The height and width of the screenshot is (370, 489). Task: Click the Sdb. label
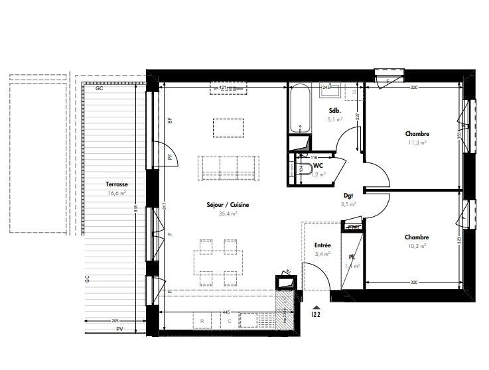(334, 111)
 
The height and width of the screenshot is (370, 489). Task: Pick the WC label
(318, 165)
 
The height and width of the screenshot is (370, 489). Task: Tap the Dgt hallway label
(348, 196)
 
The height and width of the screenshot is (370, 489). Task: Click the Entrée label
(322, 245)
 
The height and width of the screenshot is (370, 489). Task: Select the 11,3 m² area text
(417, 142)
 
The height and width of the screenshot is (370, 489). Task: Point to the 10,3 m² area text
(417, 245)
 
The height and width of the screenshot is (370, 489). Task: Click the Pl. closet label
(352, 257)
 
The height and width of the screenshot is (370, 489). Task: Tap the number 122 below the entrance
(316, 316)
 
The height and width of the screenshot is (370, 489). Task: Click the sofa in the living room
(228, 166)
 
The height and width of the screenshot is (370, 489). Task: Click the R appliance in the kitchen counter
(201, 321)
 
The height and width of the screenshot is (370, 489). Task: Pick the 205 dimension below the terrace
(114, 321)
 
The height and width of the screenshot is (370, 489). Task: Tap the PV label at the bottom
(119, 329)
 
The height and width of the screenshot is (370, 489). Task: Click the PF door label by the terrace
(170, 157)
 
